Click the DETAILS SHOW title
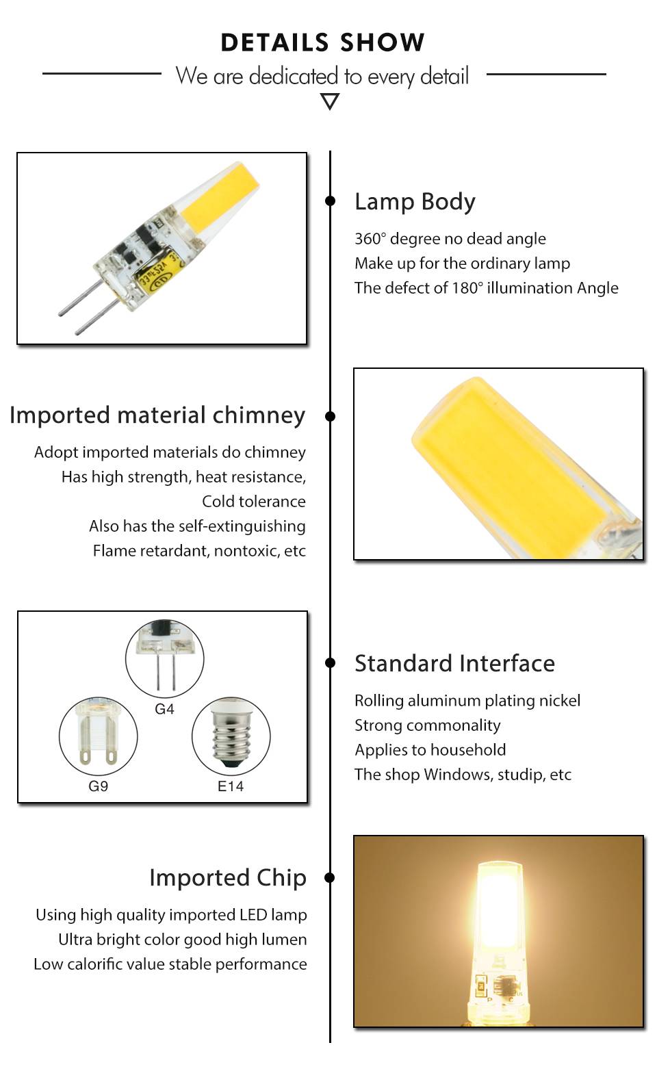coord(323,42)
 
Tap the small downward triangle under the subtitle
coord(330,101)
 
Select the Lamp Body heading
coord(415,203)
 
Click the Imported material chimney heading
coord(157,415)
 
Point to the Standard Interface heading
coord(454,664)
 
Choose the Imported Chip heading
coord(228,878)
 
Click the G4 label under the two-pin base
coord(164,708)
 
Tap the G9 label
coord(98,786)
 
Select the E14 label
coord(231,786)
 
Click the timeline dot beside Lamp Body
coord(330,201)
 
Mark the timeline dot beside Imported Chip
coord(330,877)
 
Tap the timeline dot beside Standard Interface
coord(330,662)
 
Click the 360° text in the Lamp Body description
coord(370,238)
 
